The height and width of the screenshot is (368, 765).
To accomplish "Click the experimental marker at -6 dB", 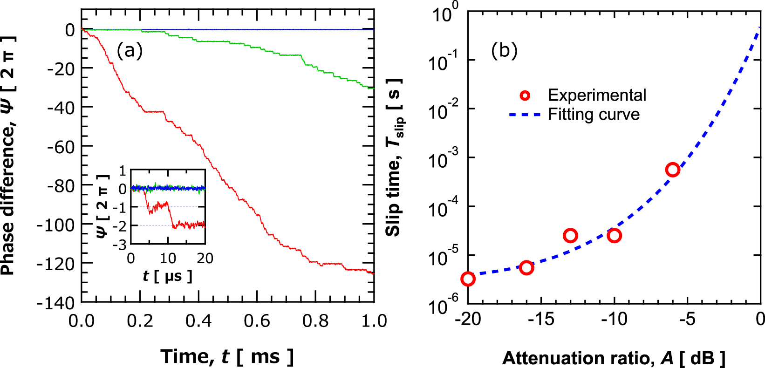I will point(672,170).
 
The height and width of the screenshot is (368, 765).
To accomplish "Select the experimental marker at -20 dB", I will point(468,279).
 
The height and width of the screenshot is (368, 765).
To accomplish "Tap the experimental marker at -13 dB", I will point(570,236).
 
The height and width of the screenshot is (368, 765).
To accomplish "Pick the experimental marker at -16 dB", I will point(526,267).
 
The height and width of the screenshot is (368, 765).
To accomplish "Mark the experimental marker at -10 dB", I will point(614,236).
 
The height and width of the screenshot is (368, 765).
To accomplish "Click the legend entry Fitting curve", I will point(594,115).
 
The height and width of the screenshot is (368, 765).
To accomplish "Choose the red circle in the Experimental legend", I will point(525,95).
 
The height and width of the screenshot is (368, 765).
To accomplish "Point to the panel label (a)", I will point(130,50).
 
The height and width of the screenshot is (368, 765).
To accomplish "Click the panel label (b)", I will point(504,50).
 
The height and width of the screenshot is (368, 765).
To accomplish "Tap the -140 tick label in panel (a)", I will point(56,303).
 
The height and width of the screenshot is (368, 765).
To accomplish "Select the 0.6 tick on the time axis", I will point(257,321).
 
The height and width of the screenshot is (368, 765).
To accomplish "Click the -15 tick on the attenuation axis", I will point(541,319).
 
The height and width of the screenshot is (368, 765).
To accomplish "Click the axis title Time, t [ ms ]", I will point(227,357).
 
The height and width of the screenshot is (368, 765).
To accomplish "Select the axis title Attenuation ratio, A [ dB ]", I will point(614,358).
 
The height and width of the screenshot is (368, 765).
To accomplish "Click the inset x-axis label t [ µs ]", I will point(167,276).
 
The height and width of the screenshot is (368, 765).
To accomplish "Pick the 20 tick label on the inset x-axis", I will point(205,258).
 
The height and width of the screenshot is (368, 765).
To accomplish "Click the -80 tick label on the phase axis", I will point(56,186).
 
